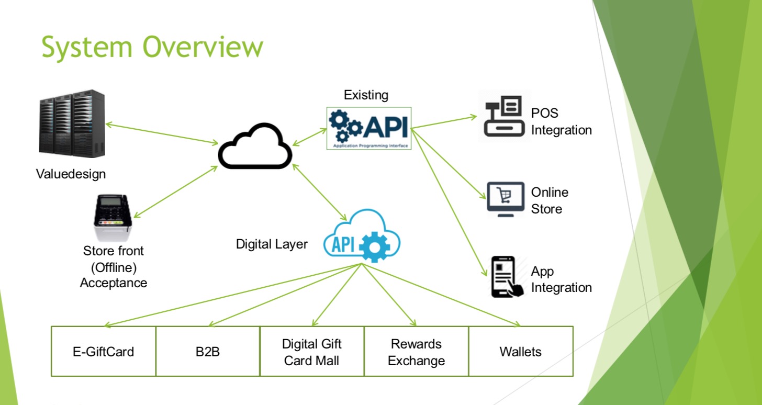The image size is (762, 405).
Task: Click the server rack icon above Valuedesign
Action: (72, 124)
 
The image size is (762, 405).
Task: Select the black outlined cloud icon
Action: (255, 147)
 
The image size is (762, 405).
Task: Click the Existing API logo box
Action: (369, 128)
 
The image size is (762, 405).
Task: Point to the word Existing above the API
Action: (366, 95)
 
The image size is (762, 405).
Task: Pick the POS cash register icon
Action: (504, 117)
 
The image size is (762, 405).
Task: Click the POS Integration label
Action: (561, 122)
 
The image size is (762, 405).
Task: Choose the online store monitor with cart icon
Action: (505, 199)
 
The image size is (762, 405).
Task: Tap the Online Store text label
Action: (550, 200)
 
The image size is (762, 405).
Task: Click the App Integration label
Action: (561, 279)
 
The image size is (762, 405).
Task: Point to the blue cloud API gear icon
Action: (362, 237)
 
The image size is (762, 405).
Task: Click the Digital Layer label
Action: (272, 244)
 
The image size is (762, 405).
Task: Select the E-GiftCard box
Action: (103, 351)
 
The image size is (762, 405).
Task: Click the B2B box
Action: (207, 351)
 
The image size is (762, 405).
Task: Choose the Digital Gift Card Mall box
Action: (311, 351)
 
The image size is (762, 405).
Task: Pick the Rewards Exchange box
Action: (416, 351)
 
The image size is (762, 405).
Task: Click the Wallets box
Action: (520, 351)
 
